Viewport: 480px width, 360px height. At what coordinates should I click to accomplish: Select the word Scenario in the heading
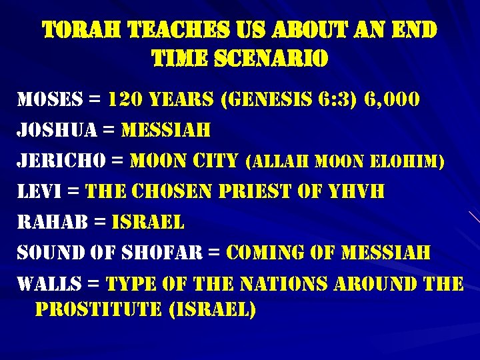click(273, 60)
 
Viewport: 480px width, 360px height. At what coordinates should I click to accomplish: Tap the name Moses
click(50, 101)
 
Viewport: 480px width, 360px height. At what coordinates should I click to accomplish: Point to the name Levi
click(39, 192)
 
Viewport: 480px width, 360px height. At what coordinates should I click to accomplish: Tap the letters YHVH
click(359, 192)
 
